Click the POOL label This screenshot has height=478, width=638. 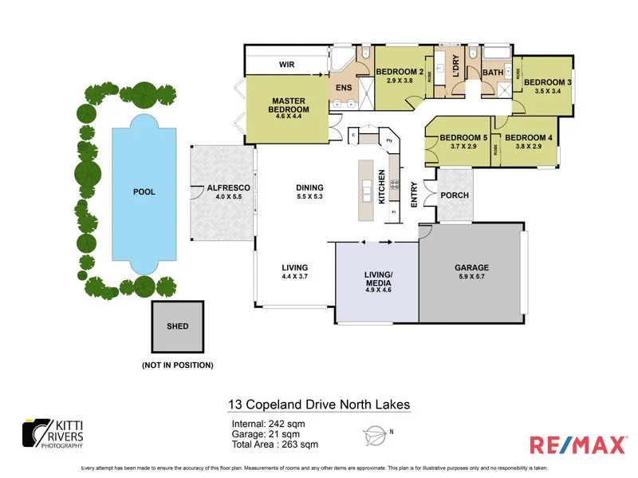point(144,192)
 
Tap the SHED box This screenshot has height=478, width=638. point(178,326)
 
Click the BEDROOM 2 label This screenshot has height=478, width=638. point(401,73)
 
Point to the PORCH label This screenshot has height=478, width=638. point(455,196)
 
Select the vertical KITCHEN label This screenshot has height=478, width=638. point(382,186)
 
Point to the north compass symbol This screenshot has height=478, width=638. point(376,434)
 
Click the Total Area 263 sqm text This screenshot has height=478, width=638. point(274,444)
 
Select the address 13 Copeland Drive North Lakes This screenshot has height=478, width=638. point(319,405)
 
